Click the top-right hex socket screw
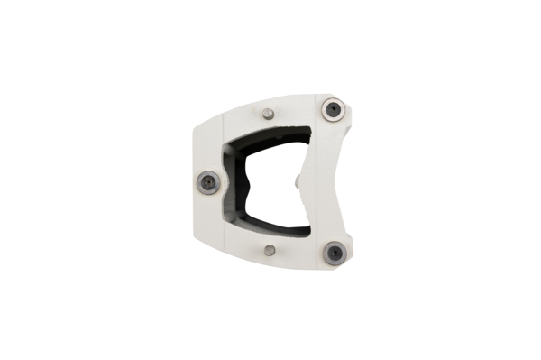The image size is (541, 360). click(x=334, y=109)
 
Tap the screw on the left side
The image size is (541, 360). click(x=207, y=181)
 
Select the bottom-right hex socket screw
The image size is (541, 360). click(x=335, y=253)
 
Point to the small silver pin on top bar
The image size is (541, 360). click(x=268, y=114)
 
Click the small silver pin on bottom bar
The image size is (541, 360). click(x=270, y=250)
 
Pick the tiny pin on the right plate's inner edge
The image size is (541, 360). click(x=298, y=181)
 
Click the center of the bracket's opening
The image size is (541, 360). click(x=266, y=180)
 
